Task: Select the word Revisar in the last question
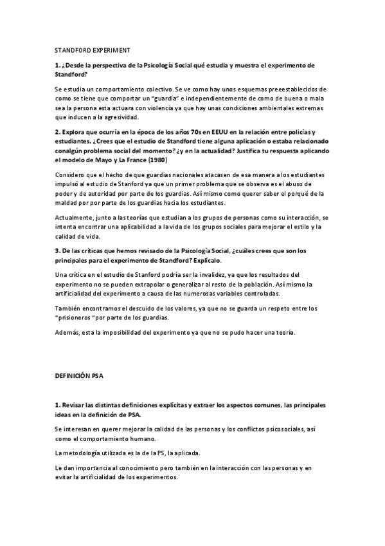pos(75,405)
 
